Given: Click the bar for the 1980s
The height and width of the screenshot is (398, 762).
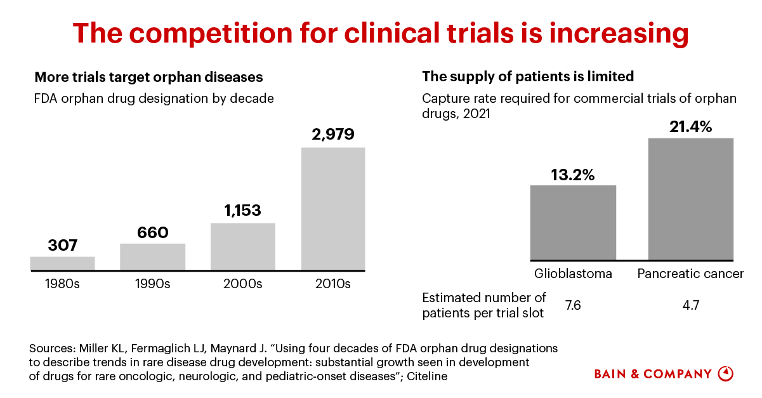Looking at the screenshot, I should tap(62, 263).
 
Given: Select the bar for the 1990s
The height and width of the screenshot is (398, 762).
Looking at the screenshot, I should tap(152, 257).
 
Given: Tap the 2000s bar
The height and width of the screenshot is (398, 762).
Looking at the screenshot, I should tap(243, 247).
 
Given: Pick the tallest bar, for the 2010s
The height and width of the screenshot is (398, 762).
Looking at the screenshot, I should tap(333, 209).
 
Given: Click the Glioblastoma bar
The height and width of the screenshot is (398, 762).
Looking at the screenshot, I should tap(573, 222).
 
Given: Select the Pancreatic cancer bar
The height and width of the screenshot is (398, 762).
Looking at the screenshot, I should tap(690, 199).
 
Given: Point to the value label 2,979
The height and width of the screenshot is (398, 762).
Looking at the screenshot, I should tap(333, 135).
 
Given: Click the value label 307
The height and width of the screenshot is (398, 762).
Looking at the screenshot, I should tap(62, 244).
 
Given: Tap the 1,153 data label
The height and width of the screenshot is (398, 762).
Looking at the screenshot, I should tap(243, 210).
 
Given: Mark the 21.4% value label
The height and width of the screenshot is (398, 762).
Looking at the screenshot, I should tap(690, 126).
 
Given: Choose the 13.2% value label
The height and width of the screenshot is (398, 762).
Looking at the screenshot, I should tap(573, 174).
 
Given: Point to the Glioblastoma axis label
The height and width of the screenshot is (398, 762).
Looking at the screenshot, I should tap(573, 274).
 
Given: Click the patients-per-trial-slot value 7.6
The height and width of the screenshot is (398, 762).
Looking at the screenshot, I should tap(572, 305).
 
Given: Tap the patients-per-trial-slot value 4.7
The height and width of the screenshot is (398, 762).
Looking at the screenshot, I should tap(690, 305).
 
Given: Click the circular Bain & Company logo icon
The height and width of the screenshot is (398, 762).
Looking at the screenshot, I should tap(725, 374).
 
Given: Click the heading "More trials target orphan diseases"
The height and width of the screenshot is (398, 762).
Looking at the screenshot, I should tap(148, 77).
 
